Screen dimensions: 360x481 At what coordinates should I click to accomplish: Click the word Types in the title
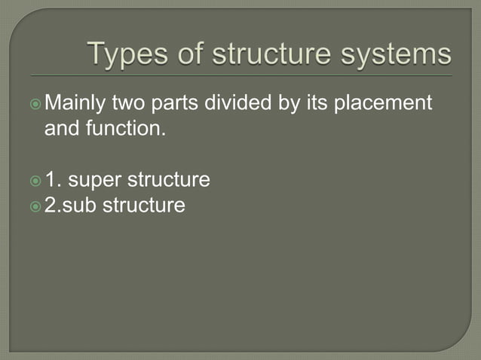coord(124,54)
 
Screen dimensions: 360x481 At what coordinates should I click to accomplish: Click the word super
coord(94,180)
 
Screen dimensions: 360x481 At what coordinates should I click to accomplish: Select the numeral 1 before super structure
coord(52,180)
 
